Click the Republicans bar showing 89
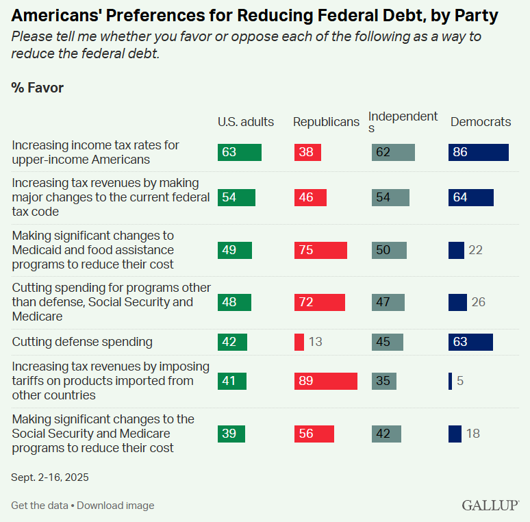coord(325,381)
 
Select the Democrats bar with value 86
coord(478,152)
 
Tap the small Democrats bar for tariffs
coord(450,381)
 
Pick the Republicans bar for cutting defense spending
coord(299,342)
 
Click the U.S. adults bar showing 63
coord(239,152)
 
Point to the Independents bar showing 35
coord(383,381)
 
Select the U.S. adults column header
coord(245,122)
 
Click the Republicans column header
coord(326,122)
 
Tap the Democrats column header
coord(480,122)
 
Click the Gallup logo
coord(490,505)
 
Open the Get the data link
coord(39,506)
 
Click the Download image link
coord(115,506)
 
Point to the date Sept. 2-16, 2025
coord(50,477)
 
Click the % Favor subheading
coord(37,88)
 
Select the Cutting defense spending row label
coord(82,342)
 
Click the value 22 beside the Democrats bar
coord(475,250)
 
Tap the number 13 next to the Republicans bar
coord(315,342)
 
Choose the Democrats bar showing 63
coord(470,342)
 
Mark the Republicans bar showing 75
coord(320,250)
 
